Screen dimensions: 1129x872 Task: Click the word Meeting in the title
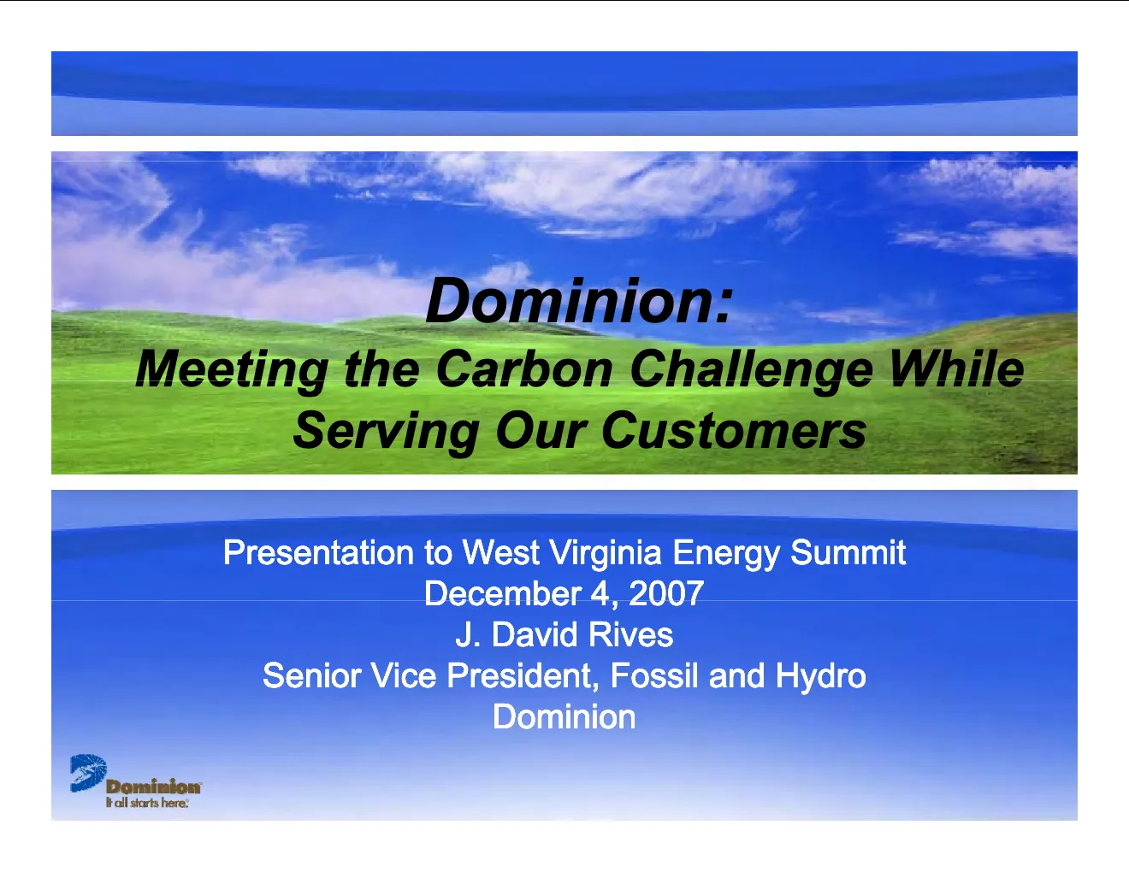tap(232, 370)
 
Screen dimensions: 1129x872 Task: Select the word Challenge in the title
tap(751, 370)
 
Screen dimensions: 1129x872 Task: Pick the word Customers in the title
tap(733, 430)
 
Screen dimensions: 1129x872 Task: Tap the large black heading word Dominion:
tap(579, 301)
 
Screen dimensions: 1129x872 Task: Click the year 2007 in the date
tap(666, 593)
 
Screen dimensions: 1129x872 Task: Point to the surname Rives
tap(630, 634)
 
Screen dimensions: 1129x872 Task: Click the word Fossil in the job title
tap(654, 675)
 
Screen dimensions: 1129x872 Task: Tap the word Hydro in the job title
tap(820, 677)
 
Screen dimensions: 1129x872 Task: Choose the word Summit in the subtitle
tap(848, 551)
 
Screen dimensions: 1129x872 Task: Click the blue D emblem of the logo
tap(88, 773)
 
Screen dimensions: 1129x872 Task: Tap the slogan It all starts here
tap(147, 803)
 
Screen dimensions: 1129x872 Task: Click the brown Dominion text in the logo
tap(153, 787)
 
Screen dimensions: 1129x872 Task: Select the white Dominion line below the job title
tap(564, 716)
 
